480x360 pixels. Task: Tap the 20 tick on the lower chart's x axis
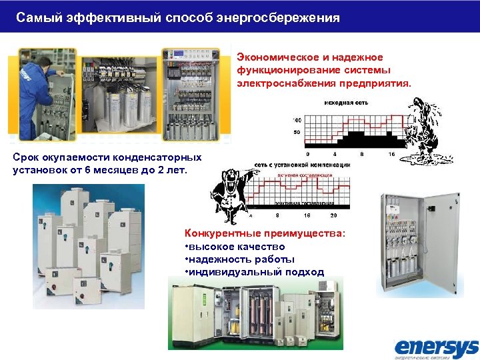point(333,216)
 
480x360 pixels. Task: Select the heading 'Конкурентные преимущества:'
point(264,234)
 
